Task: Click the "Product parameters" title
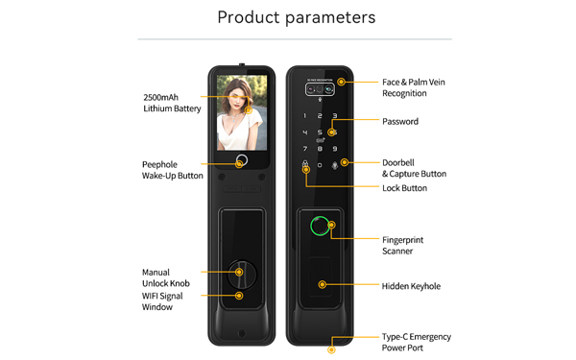[x=297, y=17]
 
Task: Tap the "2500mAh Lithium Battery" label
[x=172, y=103]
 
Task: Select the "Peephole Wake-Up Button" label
[x=172, y=170]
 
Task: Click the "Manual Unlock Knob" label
[x=166, y=277]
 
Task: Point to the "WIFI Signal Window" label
[x=162, y=301]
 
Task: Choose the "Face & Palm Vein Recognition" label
[x=413, y=87]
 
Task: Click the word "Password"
[x=400, y=122]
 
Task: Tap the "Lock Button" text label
[x=404, y=188]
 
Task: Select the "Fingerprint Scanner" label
[x=402, y=246]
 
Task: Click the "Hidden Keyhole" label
[x=411, y=286]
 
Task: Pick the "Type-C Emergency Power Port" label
[x=417, y=342]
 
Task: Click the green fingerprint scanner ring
[x=311, y=226]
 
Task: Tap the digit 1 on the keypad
[x=304, y=116]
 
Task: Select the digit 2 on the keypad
[x=320, y=116]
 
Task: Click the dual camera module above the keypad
[x=320, y=89]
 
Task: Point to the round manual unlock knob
[x=241, y=275]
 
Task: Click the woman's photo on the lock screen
[x=242, y=112]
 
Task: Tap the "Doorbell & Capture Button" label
[x=414, y=168]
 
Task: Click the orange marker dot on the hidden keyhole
[x=323, y=284]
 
